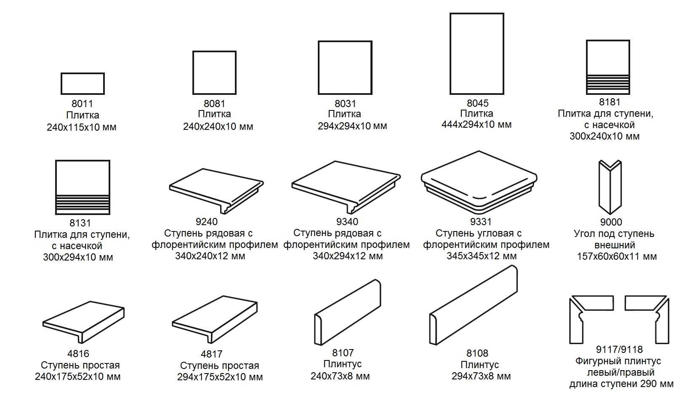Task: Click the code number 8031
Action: point(345,103)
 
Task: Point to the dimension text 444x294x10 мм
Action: point(476,125)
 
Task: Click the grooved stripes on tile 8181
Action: point(608,84)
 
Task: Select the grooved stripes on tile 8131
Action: point(83,204)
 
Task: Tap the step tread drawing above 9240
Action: point(216,191)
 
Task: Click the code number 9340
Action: point(347,221)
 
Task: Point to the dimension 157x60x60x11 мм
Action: point(617,256)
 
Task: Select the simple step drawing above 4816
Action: point(83,322)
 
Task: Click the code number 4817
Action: point(211,354)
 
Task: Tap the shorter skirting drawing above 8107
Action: point(347,312)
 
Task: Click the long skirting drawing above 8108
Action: point(473,305)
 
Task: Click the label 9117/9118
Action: point(619,350)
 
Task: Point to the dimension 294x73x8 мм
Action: point(481,376)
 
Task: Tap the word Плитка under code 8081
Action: point(214,114)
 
